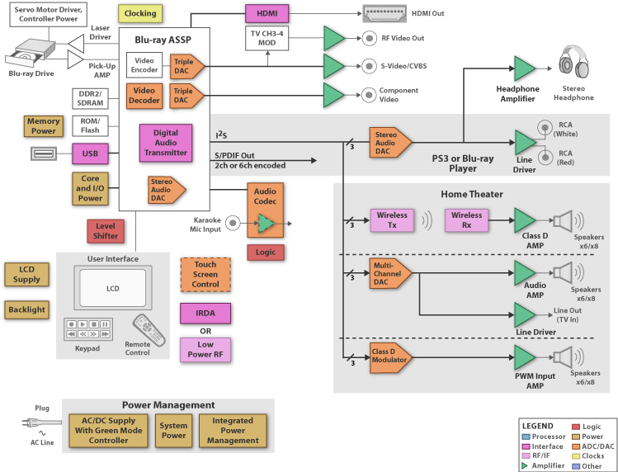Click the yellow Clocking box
click(x=140, y=13)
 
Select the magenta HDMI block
click(x=267, y=13)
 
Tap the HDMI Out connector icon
click(x=384, y=13)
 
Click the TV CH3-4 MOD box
click(x=267, y=38)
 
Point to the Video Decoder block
click(x=144, y=96)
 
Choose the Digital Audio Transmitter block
click(x=166, y=143)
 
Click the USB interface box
click(x=90, y=153)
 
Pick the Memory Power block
click(x=44, y=126)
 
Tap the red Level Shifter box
click(x=106, y=231)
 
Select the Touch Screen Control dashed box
click(x=205, y=275)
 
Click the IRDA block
click(x=205, y=314)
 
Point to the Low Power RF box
click(x=205, y=350)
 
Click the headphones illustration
click(x=573, y=63)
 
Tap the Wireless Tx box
click(x=392, y=220)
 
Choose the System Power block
click(x=173, y=431)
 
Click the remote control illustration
click(x=149, y=329)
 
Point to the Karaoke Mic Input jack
click(x=233, y=223)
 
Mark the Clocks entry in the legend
click(x=587, y=455)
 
